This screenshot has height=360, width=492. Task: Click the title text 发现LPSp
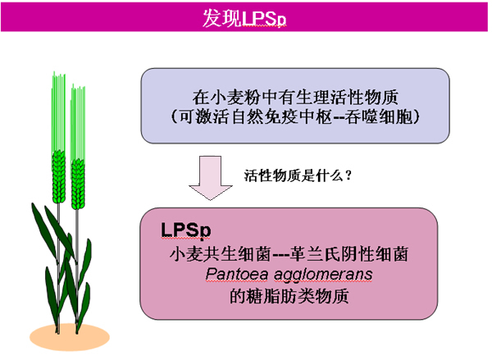point(244,18)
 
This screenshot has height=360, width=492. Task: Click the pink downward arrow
point(210,178)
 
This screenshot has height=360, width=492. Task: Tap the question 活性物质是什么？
point(298,175)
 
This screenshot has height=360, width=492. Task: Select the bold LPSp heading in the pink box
point(186,230)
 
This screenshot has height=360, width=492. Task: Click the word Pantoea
point(237,274)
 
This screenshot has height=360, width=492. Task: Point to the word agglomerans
point(323,276)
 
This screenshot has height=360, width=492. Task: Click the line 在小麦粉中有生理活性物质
point(295,97)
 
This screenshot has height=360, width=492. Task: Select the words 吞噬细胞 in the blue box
point(378,116)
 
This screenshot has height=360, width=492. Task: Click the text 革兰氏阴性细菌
point(349,253)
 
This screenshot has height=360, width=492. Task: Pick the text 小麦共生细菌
point(220,253)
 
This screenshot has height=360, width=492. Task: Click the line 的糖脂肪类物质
point(289,296)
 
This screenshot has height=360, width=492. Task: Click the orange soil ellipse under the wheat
point(70,337)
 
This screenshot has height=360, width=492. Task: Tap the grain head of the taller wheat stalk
point(59,176)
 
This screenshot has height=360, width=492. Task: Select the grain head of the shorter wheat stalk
point(78,184)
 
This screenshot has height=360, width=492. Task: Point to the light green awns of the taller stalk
point(58,112)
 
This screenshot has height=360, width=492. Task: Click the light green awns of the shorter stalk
point(78,123)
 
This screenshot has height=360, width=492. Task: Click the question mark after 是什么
point(348,175)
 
